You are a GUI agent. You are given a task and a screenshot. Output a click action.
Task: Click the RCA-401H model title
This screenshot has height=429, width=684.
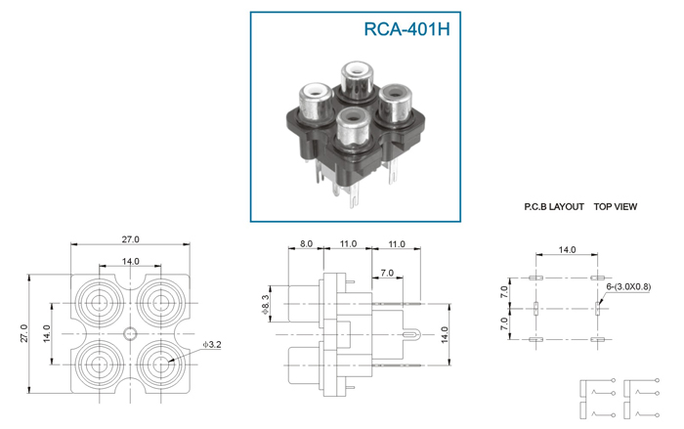(406, 28)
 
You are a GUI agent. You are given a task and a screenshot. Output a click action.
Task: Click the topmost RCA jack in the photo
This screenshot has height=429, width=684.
(357, 80)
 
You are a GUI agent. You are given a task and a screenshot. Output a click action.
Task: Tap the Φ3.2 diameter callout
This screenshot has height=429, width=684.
(212, 345)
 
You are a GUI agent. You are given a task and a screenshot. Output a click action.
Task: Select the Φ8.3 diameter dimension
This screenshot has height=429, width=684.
(265, 304)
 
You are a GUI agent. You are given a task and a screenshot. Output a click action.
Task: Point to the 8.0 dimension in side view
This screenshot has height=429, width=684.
(306, 243)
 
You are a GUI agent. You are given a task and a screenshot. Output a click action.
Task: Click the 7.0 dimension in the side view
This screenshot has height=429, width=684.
(387, 273)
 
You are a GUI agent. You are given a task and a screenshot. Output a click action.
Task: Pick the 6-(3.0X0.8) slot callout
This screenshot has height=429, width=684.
(628, 286)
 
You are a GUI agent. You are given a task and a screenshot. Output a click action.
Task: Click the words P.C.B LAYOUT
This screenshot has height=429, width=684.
(554, 207)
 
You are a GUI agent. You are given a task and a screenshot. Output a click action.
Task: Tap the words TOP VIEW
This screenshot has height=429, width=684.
(615, 207)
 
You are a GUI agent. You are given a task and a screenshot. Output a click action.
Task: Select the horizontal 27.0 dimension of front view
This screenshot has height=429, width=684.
(130, 239)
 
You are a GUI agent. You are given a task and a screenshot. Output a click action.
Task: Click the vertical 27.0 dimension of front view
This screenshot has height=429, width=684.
(24, 333)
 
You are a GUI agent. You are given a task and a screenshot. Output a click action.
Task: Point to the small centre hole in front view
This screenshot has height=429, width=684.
(130, 334)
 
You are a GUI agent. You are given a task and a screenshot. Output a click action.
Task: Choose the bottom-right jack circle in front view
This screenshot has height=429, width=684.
(161, 364)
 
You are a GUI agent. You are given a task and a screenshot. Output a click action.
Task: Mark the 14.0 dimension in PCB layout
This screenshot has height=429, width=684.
(567, 249)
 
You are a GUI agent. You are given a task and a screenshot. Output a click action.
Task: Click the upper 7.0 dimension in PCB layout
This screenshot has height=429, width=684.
(504, 292)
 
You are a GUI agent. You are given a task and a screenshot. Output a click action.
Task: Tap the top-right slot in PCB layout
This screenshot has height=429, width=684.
(597, 278)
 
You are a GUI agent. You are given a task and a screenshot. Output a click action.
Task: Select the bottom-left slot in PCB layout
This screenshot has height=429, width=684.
(535, 339)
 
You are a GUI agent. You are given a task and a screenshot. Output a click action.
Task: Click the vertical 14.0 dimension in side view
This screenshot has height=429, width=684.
(445, 334)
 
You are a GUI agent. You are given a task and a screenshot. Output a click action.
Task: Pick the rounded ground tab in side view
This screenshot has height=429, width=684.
(411, 334)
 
